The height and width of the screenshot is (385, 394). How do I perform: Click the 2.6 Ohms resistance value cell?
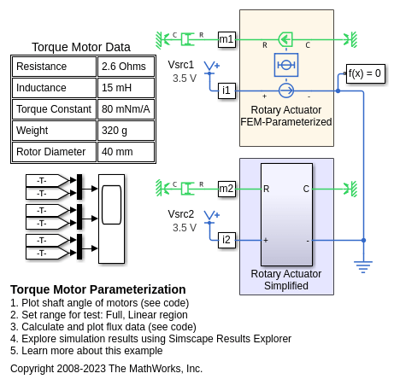[x=126, y=67]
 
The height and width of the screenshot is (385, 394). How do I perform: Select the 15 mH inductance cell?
[x=126, y=88]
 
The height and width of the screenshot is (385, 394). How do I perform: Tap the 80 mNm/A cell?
[x=126, y=109]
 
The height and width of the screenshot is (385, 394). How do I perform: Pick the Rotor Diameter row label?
[x=54, y=152]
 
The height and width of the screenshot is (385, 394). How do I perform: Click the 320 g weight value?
[x=126, y=131]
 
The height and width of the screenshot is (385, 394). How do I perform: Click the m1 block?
[x=226, y=39]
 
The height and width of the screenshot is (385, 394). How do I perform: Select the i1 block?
[x=226, y=90]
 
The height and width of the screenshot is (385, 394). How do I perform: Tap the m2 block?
[x=226, y=189]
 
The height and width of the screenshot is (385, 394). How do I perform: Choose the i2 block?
[x=226, y=240]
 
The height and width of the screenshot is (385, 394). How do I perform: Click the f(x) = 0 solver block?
[x=366, y=73]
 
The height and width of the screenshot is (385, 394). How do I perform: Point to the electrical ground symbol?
[x=363, y=267]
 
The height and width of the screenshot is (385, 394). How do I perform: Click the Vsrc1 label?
[x=181, y=65]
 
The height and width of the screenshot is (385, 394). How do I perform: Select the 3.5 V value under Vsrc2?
[x=185, y=228]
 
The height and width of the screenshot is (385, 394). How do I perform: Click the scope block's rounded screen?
[x=111, y=205]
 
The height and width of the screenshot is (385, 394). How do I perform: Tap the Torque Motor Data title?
[x=81, y=47]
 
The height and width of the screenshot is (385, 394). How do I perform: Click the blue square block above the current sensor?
[x=286, y=65]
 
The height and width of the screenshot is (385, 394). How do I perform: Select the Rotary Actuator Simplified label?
[x=286, y=280]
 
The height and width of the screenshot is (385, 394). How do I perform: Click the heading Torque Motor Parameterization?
[x=98, y=289]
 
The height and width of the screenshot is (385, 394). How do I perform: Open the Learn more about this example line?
[x=86, y=351]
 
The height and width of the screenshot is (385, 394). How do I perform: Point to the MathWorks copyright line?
[x=106, y=369]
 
